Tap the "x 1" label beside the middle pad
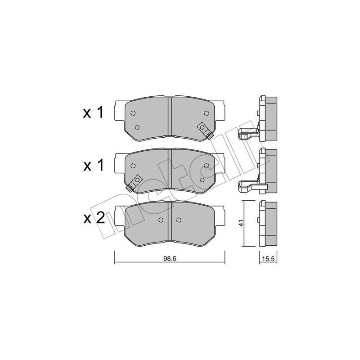(94, 166)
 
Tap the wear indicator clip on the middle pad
(134, 182)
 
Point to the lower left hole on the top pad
(138, 127)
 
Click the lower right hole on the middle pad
(202, 180)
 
